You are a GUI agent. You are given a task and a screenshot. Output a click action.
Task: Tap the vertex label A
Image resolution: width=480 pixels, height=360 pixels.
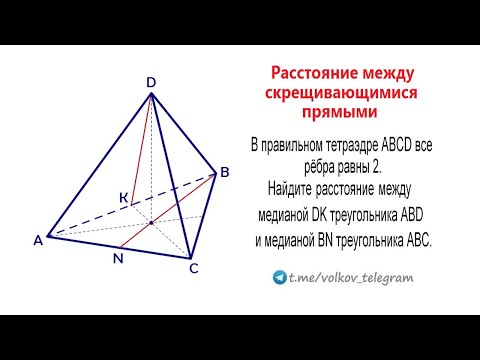(x=38, y=240)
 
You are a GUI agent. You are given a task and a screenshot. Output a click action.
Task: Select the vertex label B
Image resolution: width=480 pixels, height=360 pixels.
(x=225, y=173)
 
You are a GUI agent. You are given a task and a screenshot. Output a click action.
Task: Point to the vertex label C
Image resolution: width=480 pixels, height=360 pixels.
(x=194, y=268)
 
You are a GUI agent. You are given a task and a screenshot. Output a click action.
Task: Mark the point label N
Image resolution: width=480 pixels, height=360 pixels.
(x=118, y=258)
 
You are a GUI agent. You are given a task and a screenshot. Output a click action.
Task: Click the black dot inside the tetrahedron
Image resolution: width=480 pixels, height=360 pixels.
(x=151, y=222)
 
